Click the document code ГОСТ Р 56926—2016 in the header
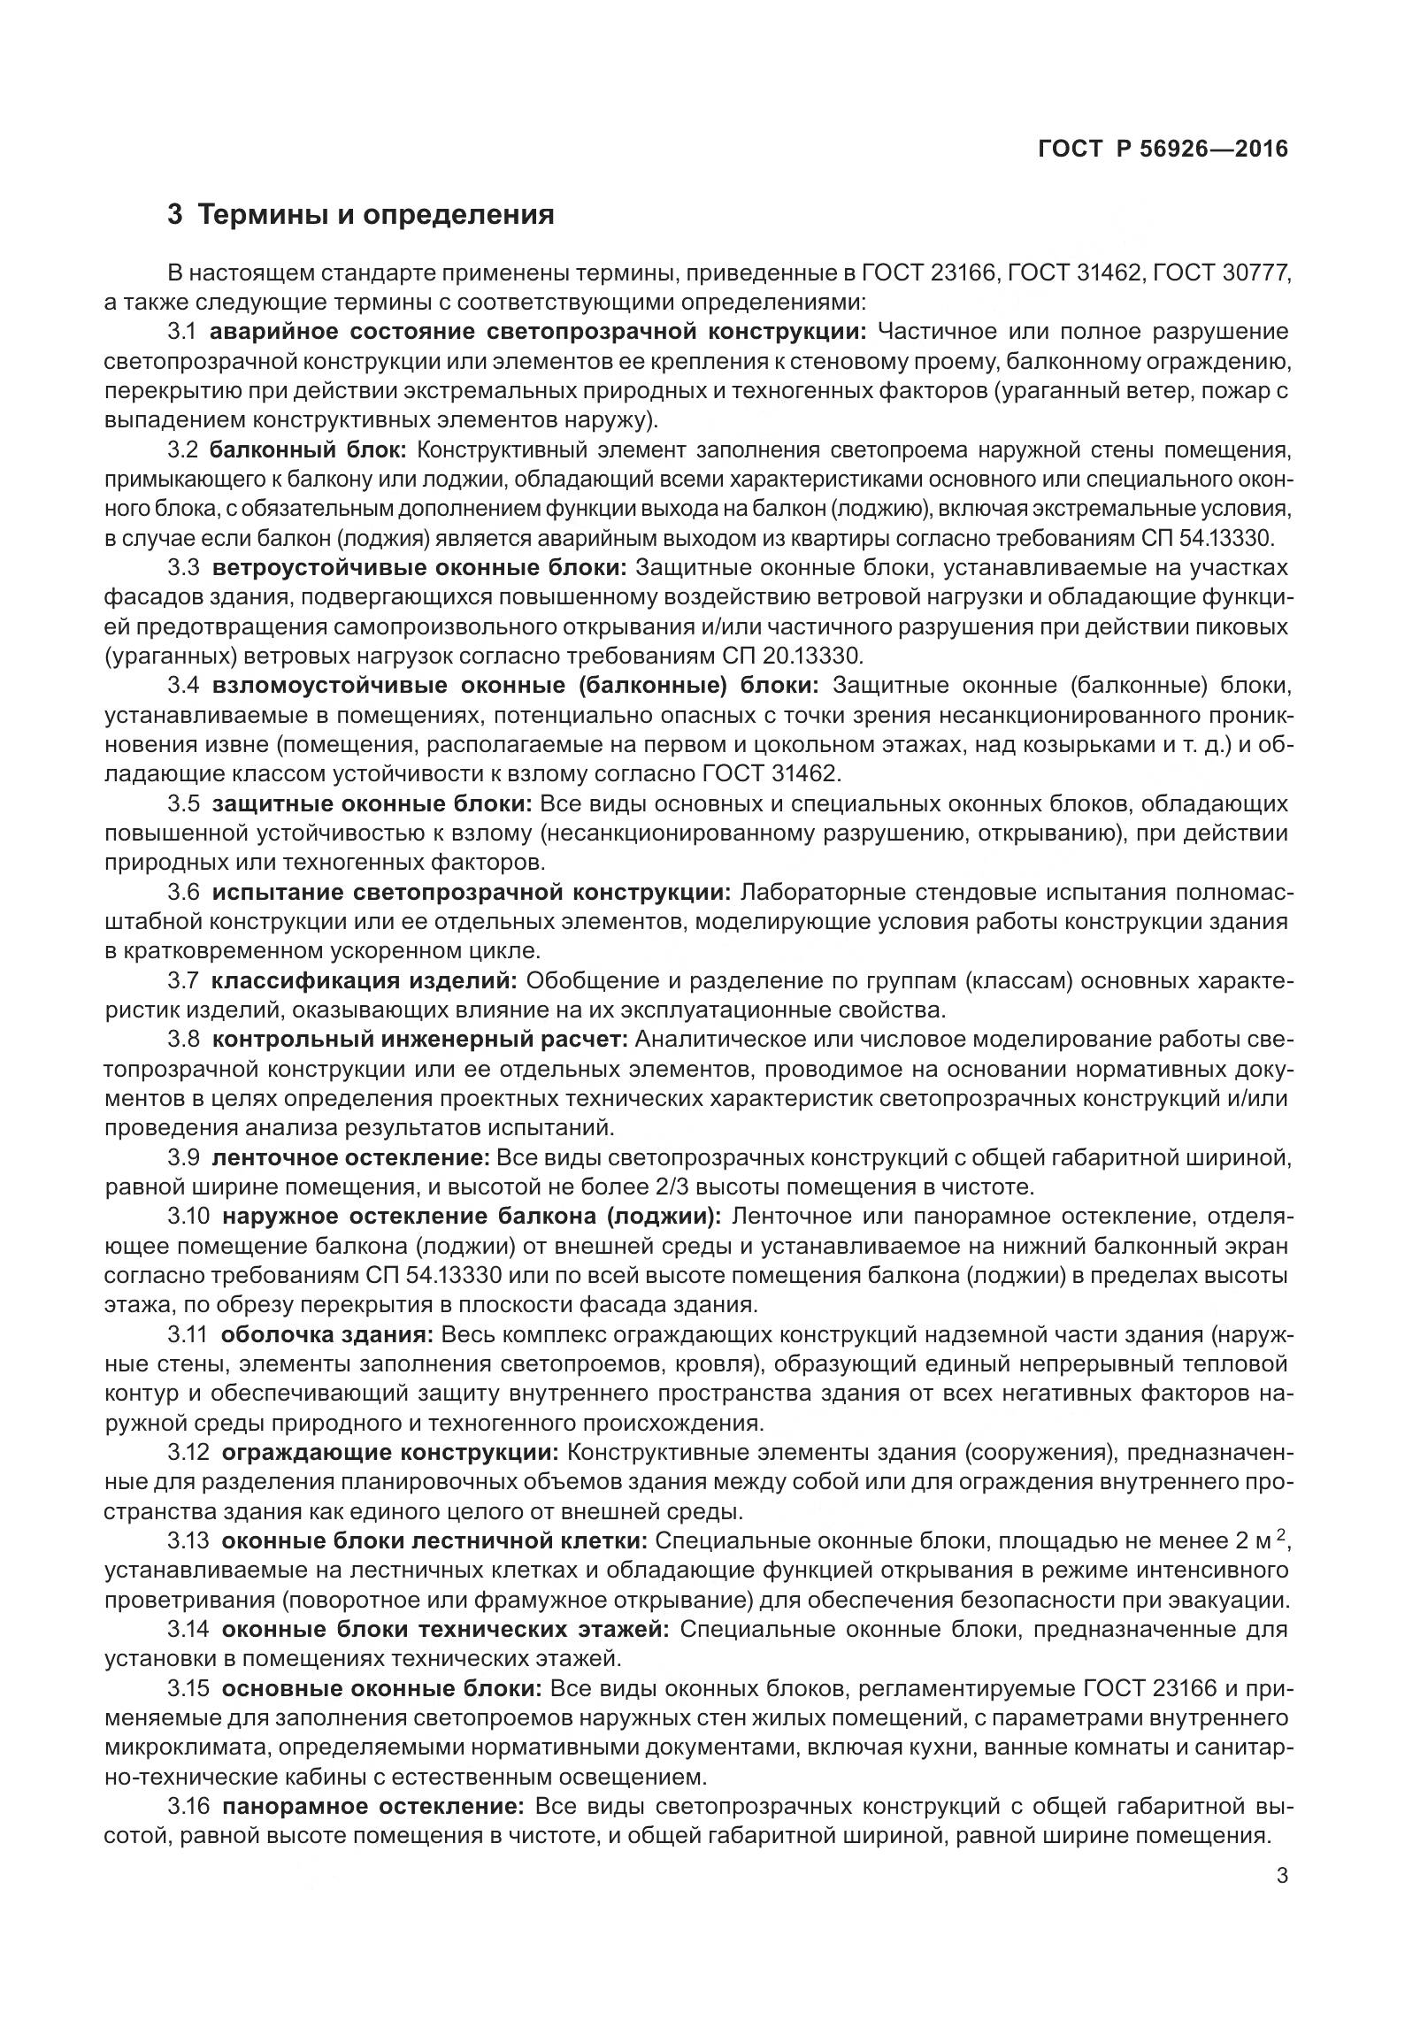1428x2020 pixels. (x=1163, y=149)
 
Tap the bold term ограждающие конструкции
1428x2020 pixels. (x=389, y=1452)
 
